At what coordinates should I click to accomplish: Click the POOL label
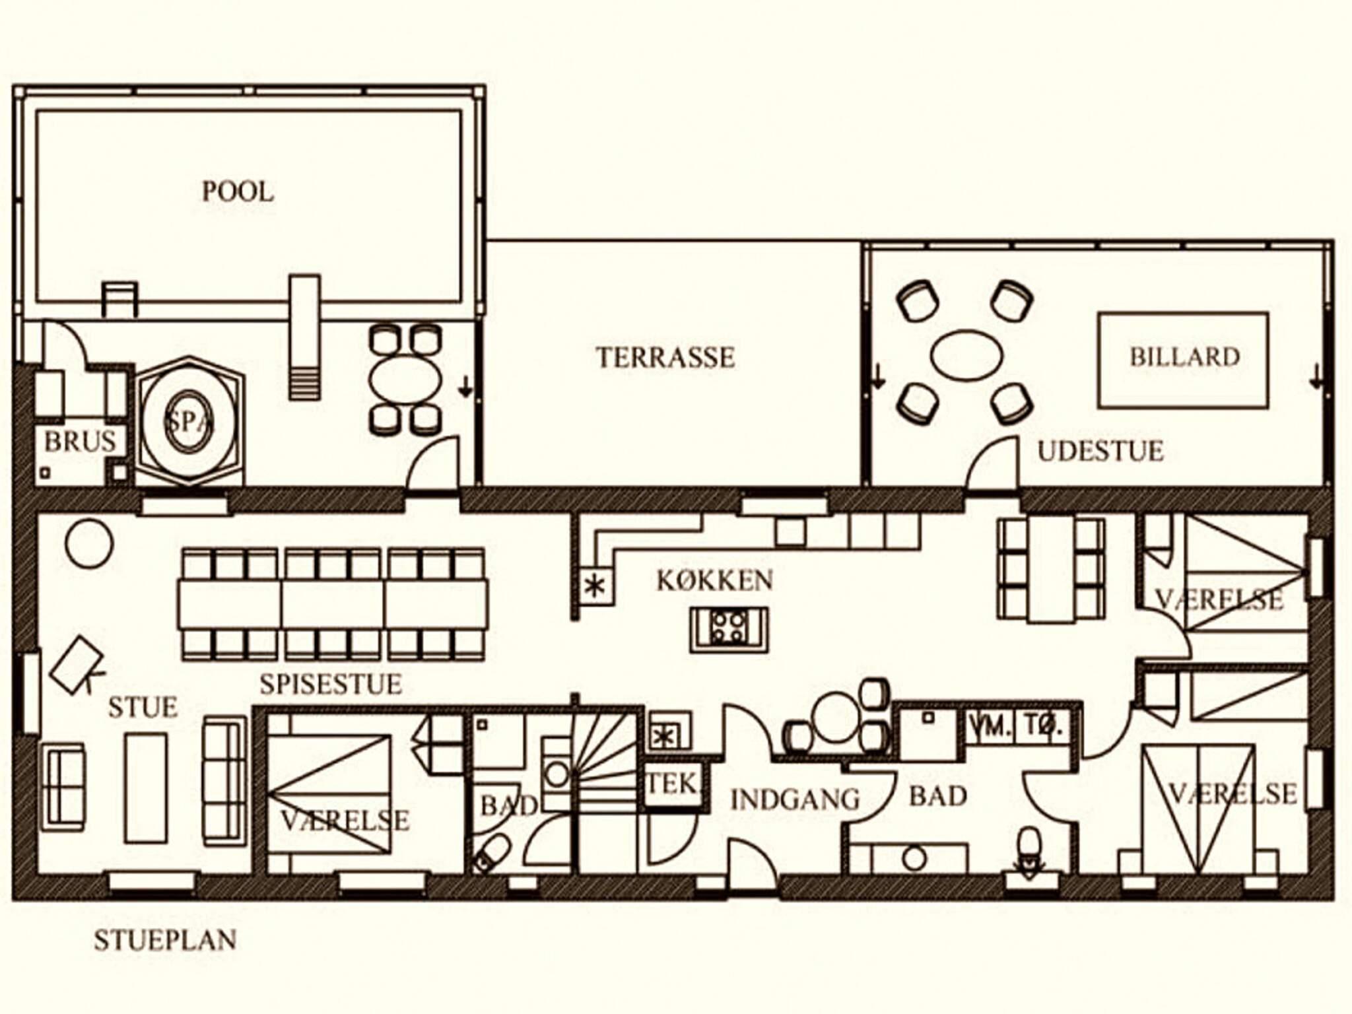[x=238, y=191]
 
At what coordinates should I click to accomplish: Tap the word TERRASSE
[x=665, y=357]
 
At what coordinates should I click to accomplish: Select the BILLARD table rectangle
[x=1183, y=360]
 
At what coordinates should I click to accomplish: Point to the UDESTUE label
[x=1100, y=451]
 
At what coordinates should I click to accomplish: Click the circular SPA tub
[x=189, y=422]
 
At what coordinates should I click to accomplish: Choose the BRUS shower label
[x=80, y=441]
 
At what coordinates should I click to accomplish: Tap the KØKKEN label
[x=715, y=580]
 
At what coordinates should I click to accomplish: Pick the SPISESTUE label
[x=331, y=684]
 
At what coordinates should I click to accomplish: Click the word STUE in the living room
[x=143, y=707]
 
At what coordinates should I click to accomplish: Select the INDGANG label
[x=795, y=800]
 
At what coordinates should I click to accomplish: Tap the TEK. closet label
[x=673, y=784]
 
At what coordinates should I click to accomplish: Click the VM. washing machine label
[x=991, y=726]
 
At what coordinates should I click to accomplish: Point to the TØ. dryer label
[x=1043, y=726]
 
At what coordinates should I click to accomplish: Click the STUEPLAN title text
[x=165, y=940]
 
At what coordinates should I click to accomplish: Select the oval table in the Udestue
[x=966, y=355]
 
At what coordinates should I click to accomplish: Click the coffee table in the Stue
[x=146, y=788]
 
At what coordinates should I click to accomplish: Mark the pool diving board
[x=304, y=337]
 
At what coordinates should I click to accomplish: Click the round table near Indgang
[x=836, y=717]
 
